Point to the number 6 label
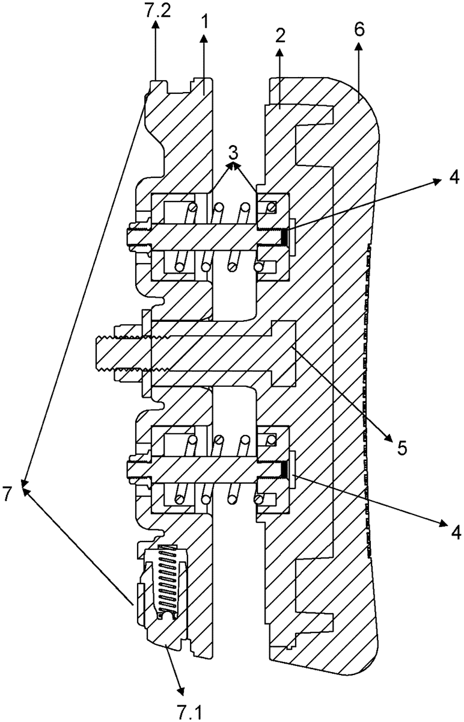359,30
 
